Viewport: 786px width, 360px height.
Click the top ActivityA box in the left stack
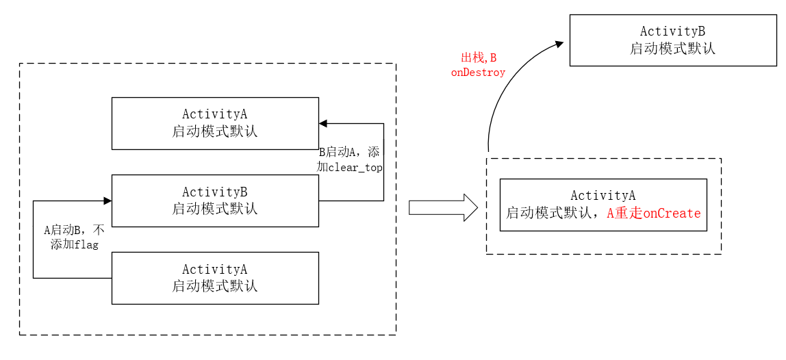(x=215, y=123)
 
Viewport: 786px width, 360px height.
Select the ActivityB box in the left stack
(x=215, y=201)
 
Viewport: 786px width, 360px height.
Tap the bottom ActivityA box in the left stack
(x=215, y=278)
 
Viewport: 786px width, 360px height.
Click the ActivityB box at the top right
(x=672, y=40)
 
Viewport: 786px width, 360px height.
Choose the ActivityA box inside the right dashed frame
(x=603, y=205)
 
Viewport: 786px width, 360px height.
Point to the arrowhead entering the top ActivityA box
(x=323, y=123)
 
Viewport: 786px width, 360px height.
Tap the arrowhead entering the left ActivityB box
(x=107, y=201)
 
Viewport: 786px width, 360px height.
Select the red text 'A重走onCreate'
(x=654, y=214)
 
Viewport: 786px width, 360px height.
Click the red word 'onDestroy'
(x=478, y=73)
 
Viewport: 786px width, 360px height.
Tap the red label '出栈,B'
(x=478, y=58)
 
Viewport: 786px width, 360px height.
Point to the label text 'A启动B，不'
(x=75, y=230)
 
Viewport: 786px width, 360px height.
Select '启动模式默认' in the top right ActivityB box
(x=672, y=49)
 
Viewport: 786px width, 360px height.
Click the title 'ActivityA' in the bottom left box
(x=215, y=270)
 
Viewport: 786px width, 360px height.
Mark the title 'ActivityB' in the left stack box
(x=215, y=192)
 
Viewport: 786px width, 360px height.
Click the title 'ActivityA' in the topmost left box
(x=215, y=114)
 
